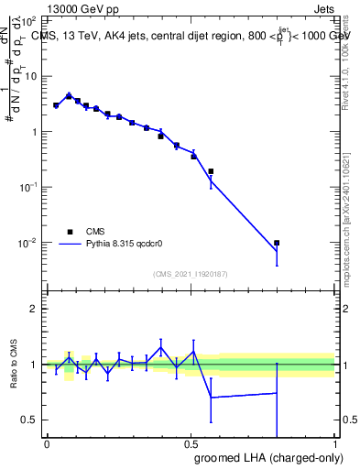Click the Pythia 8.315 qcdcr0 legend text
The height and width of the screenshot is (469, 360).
[125, 245]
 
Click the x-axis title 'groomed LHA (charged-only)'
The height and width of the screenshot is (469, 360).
[263, 457]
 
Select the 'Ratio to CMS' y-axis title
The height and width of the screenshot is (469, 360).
[13, 365]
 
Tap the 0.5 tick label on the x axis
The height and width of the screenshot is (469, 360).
[191, 444]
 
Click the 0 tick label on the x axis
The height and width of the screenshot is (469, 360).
[47, 444]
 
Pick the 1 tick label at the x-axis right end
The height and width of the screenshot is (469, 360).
[334, 444]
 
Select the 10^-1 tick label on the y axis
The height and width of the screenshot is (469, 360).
[28, 187]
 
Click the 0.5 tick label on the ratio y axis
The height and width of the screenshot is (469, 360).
[31, 420]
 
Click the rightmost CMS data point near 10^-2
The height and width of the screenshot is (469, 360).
[277, 243]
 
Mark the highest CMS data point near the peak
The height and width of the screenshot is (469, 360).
[69, 96]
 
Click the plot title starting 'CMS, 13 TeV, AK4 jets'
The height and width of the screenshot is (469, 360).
[191, 36]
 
